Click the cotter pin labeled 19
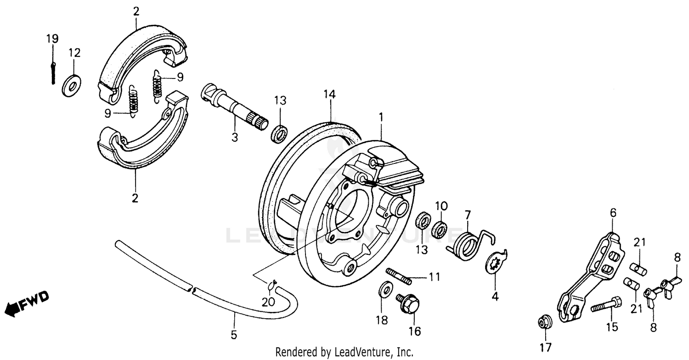point(53,72)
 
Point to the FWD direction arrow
point(27,304)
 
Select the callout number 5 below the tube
point(234,335)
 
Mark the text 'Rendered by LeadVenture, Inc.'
point(344,352)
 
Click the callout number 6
point(613,213)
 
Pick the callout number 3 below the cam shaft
point(234,136)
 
